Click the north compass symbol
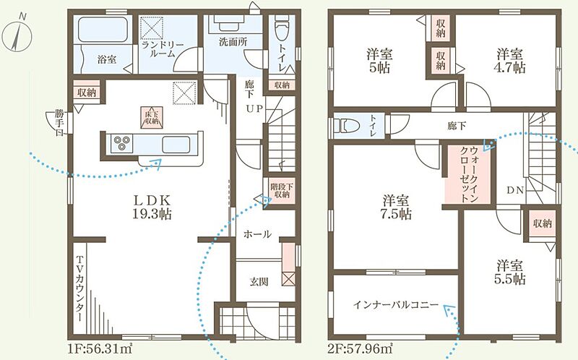coord(17,33)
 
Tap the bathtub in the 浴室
coord(103,30)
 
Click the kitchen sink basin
coord(176,145)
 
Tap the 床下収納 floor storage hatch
coord(151,117)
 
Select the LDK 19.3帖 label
coord(152,207)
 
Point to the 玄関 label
coord(259,282)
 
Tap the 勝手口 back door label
coord(59,123)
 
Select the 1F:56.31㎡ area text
coord(100,347)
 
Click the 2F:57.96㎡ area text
coord(360,347)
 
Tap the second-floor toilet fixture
coord(346,125)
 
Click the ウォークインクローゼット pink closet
coord(468,174)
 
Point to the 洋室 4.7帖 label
coord(510,61)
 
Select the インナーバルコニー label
coord(395,305)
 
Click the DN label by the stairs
coord(515,190)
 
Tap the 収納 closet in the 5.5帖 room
coord(542,223)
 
